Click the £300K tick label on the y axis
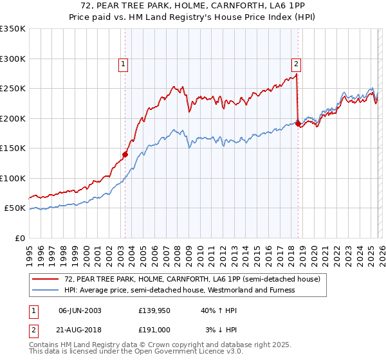pos(13,59)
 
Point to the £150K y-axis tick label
pos(13,148)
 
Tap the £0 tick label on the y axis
pos(20,238)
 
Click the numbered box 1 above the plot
pos(122,64)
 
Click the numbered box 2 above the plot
pos(296,64)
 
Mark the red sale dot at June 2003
pos(125,154)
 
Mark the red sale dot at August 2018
pos(298,124)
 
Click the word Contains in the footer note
pos(45,345)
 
